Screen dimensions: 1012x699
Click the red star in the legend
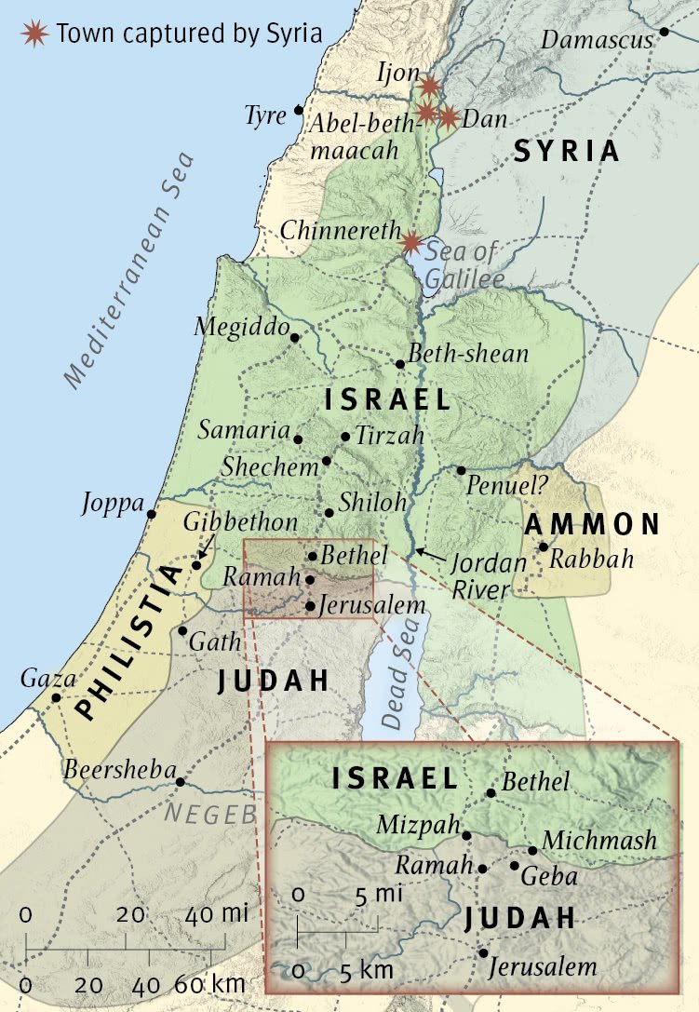[35, 34]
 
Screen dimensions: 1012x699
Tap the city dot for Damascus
[665, 32]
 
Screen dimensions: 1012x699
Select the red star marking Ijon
[429, 87]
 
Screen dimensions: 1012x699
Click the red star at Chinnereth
[410, 243]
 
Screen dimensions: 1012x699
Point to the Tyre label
[264, 115]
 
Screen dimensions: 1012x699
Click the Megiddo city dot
[295, 338]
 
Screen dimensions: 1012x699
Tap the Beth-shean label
[469, 354]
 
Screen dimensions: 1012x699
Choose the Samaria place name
[244, 431]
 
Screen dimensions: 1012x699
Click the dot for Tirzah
[345, 436]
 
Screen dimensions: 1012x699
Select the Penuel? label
[507, 484]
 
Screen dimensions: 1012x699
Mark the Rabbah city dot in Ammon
[544, 546]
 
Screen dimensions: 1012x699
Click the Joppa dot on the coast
[152, 513]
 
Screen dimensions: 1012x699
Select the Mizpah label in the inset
[419, 825]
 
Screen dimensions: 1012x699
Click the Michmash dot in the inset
[532, 850]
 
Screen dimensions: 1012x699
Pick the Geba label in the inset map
[549, 877]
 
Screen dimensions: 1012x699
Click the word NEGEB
[211, 814]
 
